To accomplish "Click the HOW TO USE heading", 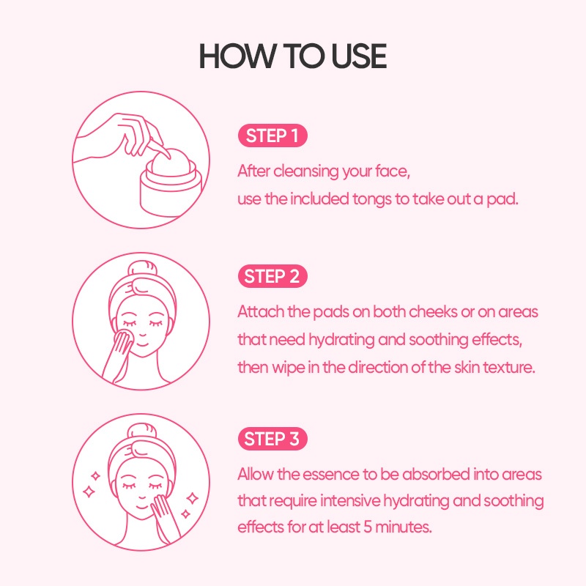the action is [292, 56].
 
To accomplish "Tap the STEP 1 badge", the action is [272, 136].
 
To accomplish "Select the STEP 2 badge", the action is [272, 276].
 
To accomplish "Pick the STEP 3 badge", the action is [272, 439].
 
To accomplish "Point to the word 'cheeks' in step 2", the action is [433, 312].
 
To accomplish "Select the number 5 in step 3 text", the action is [368, 527].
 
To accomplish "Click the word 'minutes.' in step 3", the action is [404, 527].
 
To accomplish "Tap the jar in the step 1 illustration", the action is [171, 188].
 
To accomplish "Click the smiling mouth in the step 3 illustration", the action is [141, 508].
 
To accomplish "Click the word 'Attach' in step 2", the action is [261, 312].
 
